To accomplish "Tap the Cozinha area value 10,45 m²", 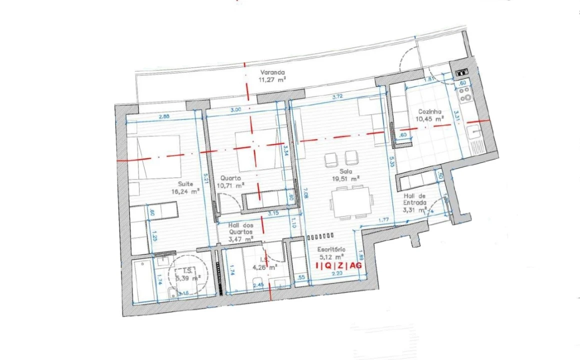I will click(x=429, y=119).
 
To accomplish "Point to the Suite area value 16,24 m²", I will click(x=185, y=191).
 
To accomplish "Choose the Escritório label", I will click(x=331, y=248).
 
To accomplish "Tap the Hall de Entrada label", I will click(x=415, y=199).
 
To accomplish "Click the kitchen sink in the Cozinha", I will click(x=472, y=132).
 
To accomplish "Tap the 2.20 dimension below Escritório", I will click(x=337, y=274).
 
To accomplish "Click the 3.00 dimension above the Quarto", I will click(x=235, y=109).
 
